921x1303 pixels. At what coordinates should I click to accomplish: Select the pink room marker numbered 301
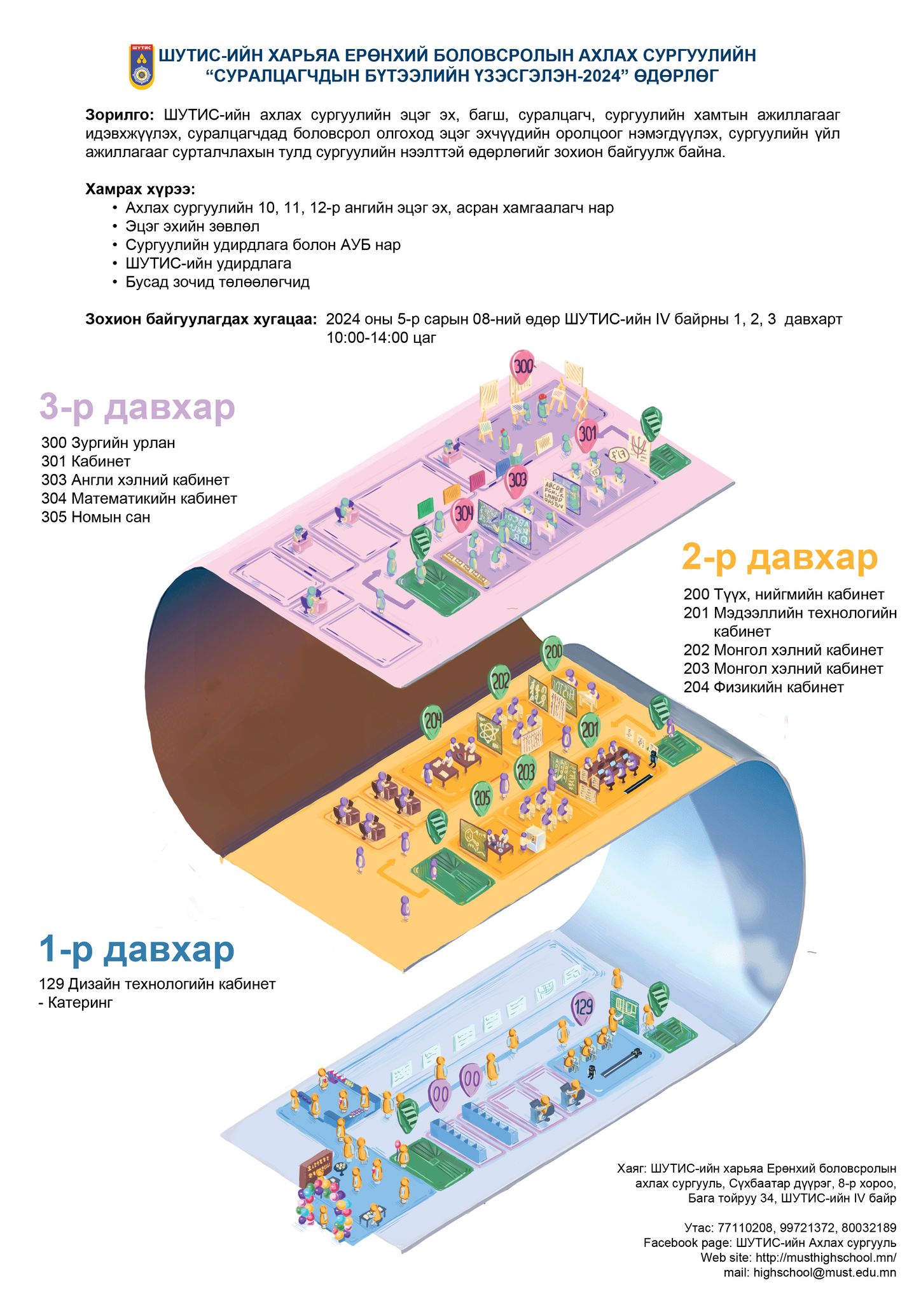click(x=587, y=434)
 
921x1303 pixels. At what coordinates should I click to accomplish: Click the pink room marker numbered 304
click(x=463, y=513)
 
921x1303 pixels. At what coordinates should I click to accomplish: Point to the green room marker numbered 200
click(x=553, y=651)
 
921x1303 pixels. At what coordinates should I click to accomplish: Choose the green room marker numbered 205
click(x=482, y=797)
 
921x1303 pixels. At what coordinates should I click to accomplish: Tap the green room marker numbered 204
click(x=433, y=721)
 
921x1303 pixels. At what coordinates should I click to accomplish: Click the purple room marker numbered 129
click(x=583, y=1007)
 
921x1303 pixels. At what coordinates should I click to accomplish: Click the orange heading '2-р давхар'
click(x=779, y=557)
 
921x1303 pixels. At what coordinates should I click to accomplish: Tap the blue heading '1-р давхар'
click(x=137, y=949)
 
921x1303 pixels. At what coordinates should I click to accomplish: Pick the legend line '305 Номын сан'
click(x=95, y=517)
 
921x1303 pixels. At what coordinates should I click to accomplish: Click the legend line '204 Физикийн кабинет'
click(x=763, y=687)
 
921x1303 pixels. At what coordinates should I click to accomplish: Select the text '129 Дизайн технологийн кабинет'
click(x=157, y=984)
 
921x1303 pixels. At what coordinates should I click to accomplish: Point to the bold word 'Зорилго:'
click(x=120, y=115)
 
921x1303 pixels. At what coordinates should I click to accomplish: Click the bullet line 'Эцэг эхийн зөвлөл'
click(x=192, y=226)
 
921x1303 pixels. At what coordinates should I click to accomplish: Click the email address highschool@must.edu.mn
click(x=824, y=1272)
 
